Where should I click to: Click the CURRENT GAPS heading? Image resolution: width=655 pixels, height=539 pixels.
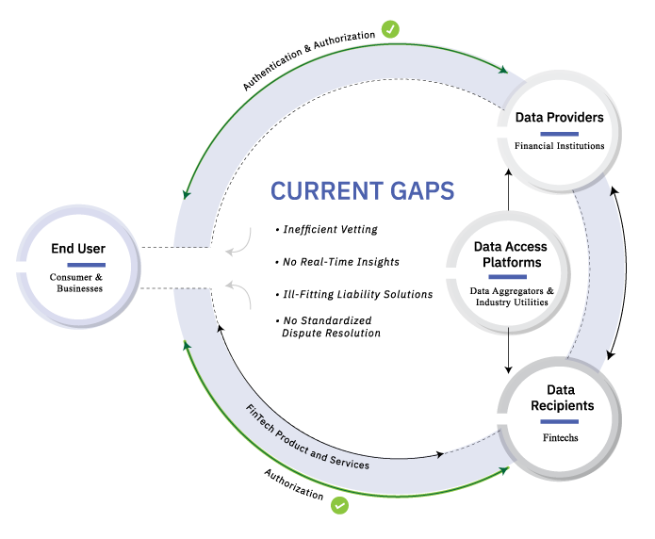[362, 191]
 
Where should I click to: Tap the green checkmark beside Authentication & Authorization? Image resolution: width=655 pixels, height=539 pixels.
[390, 29]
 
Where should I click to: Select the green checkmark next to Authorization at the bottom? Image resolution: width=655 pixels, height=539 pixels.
[339, 505]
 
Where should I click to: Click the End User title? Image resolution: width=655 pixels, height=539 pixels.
[78, 249]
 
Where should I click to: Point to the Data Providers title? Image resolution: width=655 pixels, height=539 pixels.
[559, 118]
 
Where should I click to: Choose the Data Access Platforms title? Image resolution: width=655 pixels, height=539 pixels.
[511, 254]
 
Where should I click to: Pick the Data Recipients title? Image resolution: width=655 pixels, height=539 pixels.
[562, 398]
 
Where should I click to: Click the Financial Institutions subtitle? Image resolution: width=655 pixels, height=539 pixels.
[559, 146]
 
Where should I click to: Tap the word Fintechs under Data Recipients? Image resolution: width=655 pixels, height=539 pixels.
[560, 437]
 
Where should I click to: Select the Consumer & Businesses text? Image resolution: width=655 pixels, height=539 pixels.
[76, 283]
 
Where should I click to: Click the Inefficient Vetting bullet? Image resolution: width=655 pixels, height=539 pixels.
[327, 229]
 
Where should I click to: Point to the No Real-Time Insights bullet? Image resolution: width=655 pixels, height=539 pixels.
[337, 262]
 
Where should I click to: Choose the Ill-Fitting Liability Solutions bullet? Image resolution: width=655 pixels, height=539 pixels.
[354, 295]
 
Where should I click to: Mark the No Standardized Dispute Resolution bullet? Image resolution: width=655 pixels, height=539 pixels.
[328, 327]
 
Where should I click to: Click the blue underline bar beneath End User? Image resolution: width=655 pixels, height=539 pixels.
[86, 265]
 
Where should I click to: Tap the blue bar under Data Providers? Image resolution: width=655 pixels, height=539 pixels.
[559, 134]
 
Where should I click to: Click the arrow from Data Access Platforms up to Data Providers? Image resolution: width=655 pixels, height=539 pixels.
[508, 189]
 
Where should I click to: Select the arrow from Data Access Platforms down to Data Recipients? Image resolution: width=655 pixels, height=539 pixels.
[508, 351]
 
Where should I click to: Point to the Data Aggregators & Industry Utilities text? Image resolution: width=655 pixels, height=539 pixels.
[512, 297]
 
